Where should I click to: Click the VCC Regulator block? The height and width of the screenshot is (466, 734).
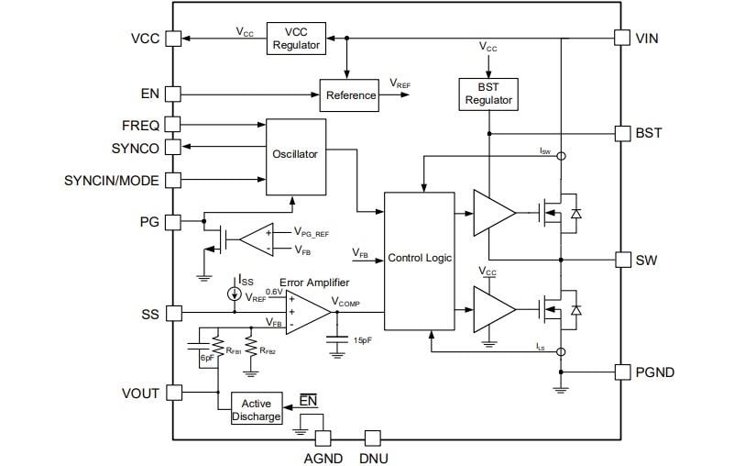pyautogui.click(x=296, y=39)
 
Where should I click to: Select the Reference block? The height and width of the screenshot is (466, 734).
pyautogui.click(x=350, y=94)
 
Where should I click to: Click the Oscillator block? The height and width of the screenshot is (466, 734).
pyautogui.click(x=295, y=155)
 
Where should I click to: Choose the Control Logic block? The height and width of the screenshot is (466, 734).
pyautogui.click(x=420, y=258)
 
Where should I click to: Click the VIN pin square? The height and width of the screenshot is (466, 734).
pyautogui.click(x=620, y=39)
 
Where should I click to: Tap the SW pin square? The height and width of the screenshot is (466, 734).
pyautogui.click(x=620, y=260)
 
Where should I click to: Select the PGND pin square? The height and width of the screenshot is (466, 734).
pyautogui.click(x=620, y=372)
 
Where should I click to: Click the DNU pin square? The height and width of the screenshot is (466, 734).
pyautogui.click(x=372, y=438)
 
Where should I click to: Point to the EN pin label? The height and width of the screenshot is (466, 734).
pyautogui.click(x=149, y=94)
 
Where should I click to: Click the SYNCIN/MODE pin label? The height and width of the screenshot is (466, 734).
pyautogui.click(x=112, y=180)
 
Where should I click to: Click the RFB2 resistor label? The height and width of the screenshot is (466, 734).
pyautogui.click(x=268, y=350)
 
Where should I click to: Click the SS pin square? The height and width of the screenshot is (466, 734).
pyautogui.click(x=172, y=314)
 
